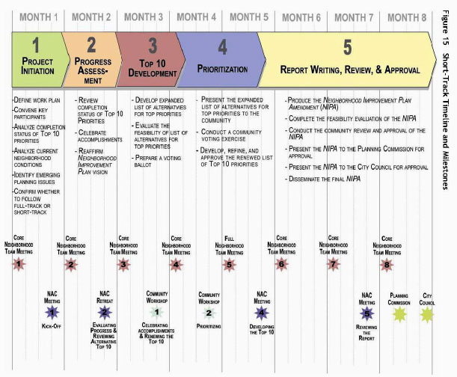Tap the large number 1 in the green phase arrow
pyautogui.click(x=35, y=44)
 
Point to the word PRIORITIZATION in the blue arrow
pyautogui.click(x=221, y=68)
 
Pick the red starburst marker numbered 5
pyautogui.click(x=229, y=263)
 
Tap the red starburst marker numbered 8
pyautogui.click(x=386, y=263)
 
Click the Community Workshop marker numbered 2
pyautogui.click(x=209, y=313)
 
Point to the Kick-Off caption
pyautogui.click(x=52, y=326)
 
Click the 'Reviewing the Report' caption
pyautogui.click(x=366, y=331)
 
